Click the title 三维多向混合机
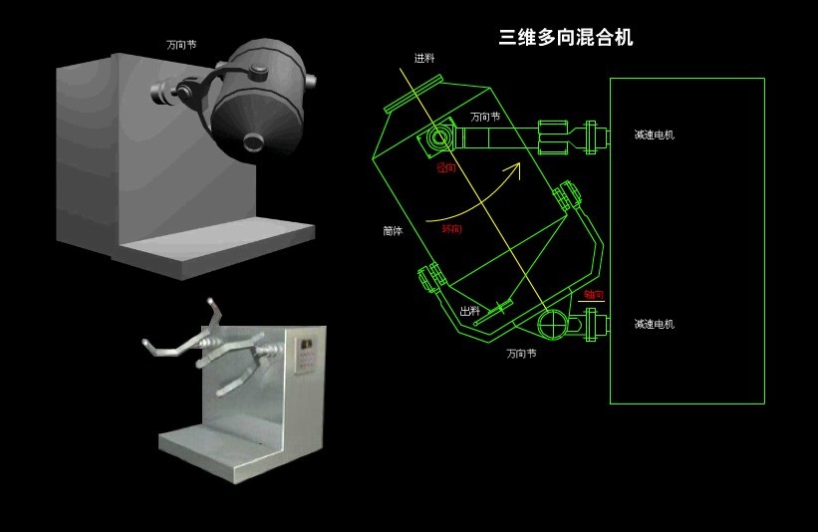[565, 38]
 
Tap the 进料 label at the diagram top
[425, 58]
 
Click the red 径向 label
[446, 168]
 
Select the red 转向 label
[451, 229]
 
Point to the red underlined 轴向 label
[594, 295]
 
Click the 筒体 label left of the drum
[393, 230]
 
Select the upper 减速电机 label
[654, 134]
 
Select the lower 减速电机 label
[654, 324]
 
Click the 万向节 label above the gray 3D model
[181, 45]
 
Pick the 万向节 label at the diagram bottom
[521, 353]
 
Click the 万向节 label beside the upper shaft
[485, 117]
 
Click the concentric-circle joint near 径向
[439, 136]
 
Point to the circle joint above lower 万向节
[550, 323]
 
